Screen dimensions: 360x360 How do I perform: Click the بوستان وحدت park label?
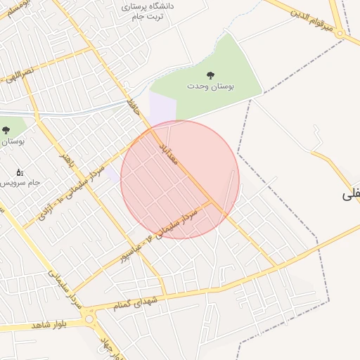210,86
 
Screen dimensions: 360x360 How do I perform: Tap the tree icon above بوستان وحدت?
210,75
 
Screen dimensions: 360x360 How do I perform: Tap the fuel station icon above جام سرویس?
19,171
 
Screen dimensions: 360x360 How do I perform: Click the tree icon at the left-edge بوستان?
6,130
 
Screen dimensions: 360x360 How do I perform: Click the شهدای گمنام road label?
141,302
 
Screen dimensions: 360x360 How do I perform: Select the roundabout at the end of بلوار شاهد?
89,320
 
